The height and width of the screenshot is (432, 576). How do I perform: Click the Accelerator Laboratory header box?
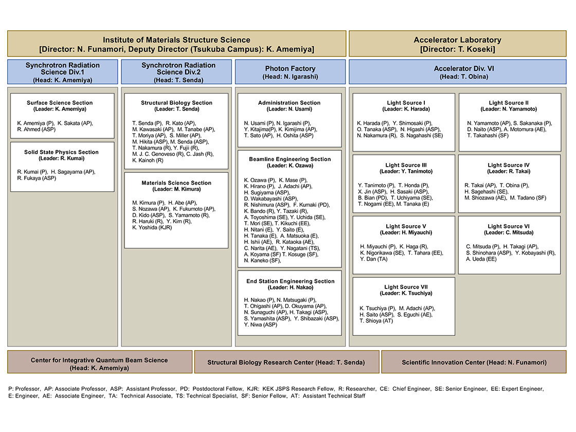[458, 44]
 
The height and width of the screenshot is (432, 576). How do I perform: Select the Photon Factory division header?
[290, 72]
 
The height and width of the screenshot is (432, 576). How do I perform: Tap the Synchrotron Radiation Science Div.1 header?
[62, 72]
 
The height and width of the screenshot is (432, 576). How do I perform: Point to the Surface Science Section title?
[60, 103]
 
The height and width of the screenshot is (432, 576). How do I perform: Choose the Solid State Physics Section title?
[61, 152]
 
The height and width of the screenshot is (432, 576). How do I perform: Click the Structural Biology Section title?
[176, 103]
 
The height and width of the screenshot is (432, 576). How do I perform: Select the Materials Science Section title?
[176, 183]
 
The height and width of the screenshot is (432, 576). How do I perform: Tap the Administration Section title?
[289, 103]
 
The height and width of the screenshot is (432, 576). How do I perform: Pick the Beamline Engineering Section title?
[289, 159]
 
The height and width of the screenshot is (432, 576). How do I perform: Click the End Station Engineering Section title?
[290, 281]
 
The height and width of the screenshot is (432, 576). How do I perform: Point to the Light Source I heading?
[405, 103]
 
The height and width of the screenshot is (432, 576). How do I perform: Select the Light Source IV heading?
[509, 166]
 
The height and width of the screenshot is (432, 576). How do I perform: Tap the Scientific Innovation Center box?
[473, 363]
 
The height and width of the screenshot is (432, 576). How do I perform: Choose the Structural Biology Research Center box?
[286, 363]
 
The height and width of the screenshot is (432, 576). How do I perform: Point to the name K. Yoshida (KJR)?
[153, 228]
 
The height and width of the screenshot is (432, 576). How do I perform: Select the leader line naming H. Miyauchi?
[406, 232]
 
